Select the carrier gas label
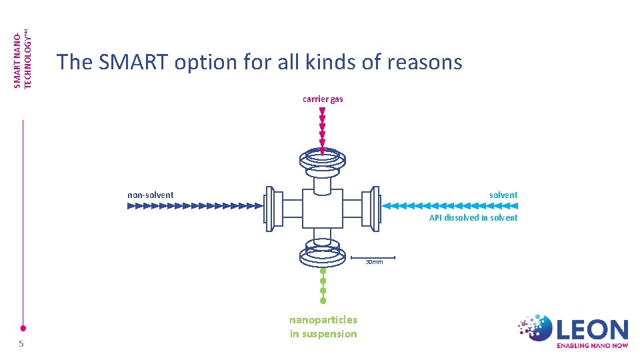(x=323, y=99)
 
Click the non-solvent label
(x=151, y=195)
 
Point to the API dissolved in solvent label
(x=473, y=217)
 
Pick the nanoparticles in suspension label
(x=323, y=327)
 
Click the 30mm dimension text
(x=374, y=262)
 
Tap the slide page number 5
(x=21, y=343)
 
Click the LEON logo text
(x=593, y=329)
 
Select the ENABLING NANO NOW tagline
(x=592, y=346)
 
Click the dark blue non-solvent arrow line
(x=193, y=207)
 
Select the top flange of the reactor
(x=323, y=159)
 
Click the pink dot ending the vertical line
(x=23, y=328)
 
